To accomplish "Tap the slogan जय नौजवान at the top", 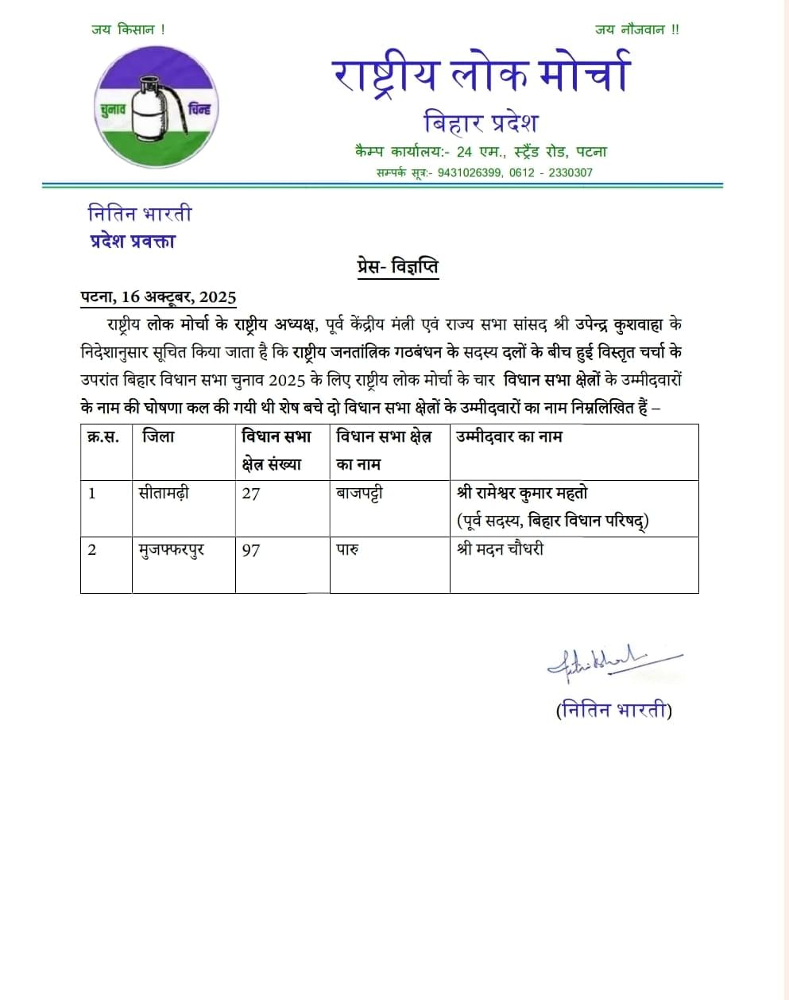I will tap(636, 30).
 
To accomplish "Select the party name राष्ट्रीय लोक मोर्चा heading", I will tap(481, 73).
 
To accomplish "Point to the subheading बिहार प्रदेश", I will tap(481, 123).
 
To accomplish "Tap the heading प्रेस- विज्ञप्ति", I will tap(396, 267).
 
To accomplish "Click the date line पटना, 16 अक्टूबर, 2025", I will tap(159, 297).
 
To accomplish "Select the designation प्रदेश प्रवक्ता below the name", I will tap(132, 241).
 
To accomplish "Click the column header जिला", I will tap(158, 436).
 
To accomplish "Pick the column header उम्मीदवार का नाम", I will tap(509, 436).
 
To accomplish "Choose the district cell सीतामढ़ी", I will tap(164, 494).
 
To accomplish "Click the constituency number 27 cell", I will tap(251, 494).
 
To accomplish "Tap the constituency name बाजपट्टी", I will tap(359, 494).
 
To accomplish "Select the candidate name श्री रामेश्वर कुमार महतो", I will tap(522, 494).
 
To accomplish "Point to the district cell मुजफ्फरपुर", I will tap(172, 549).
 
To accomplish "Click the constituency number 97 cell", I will tap(251, 550).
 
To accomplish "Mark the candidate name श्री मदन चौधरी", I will tap(500, 549).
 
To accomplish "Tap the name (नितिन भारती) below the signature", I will tap(613, 710).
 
